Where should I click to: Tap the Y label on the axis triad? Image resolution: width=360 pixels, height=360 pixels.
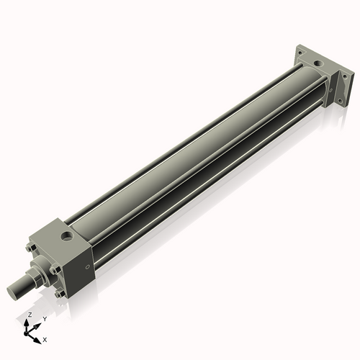44,318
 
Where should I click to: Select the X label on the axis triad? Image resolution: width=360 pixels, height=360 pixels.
45,338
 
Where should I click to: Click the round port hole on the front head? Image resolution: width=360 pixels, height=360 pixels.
68,236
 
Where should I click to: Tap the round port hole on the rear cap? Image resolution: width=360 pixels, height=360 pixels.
318,65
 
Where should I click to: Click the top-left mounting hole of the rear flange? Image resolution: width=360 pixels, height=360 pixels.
301,51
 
